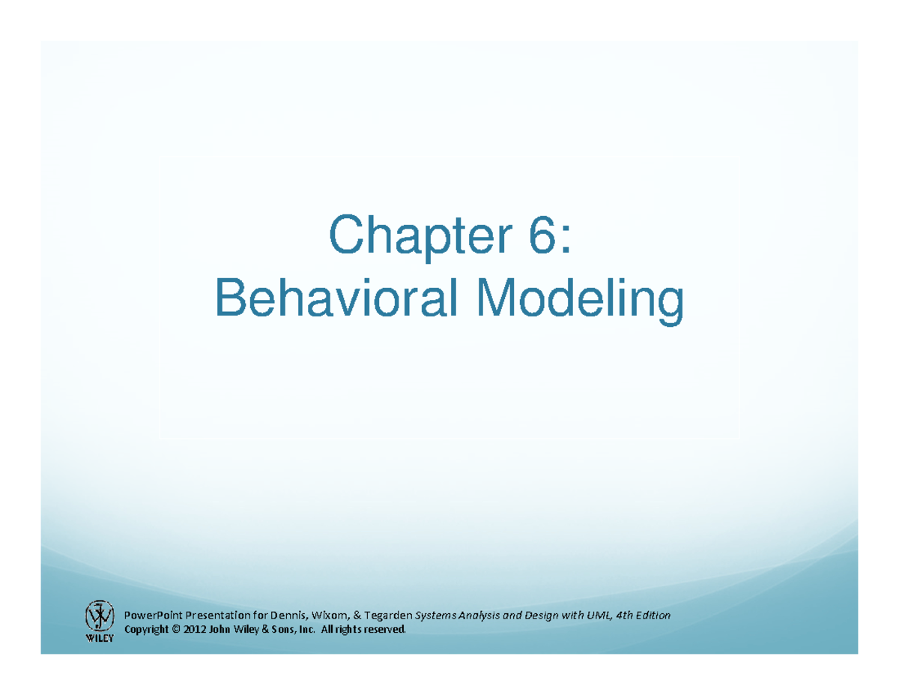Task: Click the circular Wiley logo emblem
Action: coord(99,616)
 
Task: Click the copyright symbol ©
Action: coord(176,629)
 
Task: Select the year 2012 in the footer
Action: coord(195,629)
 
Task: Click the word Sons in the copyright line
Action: coord(282,629)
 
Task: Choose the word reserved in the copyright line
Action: coord(385,629)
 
